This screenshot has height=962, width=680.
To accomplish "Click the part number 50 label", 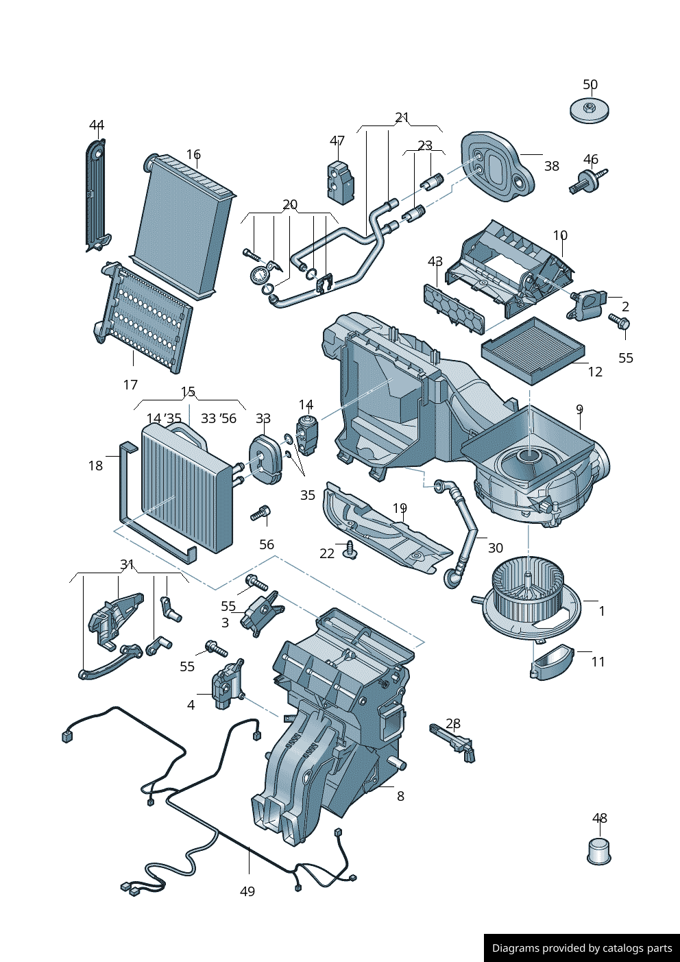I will (590, 84).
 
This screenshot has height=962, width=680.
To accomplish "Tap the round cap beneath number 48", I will (599, 851).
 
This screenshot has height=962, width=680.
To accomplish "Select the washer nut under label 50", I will (589, 110).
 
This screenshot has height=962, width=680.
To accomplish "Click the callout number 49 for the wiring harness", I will (247, 891).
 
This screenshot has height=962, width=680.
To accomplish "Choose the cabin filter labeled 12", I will (533, 350).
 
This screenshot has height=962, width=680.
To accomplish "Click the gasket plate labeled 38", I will (497, 167).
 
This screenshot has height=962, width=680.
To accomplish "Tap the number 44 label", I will (97, 125).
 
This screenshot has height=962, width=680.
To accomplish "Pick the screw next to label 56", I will (261, 513).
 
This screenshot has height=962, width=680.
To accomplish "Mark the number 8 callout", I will (400, 795).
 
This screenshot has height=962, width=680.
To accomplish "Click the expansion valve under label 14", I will (306, 435).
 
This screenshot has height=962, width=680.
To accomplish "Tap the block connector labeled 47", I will (340, 182).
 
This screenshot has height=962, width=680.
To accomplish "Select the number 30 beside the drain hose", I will (495, 547).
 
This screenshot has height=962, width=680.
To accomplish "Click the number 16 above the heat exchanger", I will (193, 154).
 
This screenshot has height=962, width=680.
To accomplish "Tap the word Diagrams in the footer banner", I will (515, 948).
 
